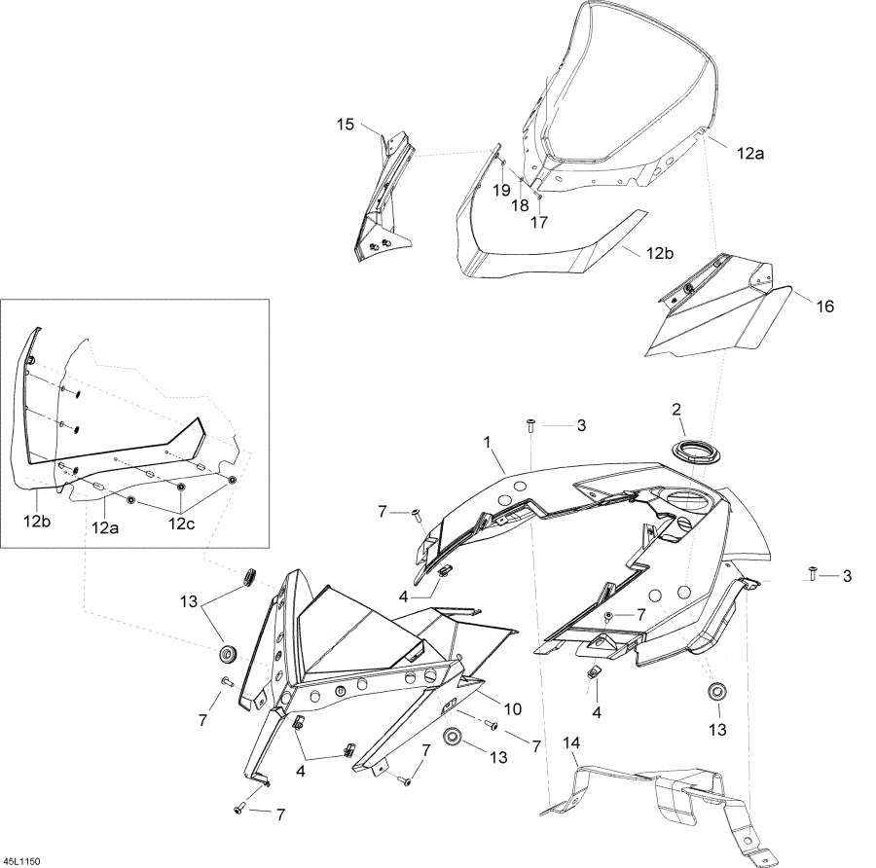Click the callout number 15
[x=346, y=124]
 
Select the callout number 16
[x=825, y=307]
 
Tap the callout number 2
[x=676, y=410]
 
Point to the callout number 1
[x=487, y=443]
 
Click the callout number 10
[x=512, y=708]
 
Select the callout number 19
[x=501, y=191]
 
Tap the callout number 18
[x=520, y=205]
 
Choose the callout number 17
[x=539, y=222]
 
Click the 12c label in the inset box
[x=182, y=524]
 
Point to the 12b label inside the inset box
[x=36, y=522]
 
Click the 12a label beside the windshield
[x=749, y=153]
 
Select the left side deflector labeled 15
[x=383, y=197]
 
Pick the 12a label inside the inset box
[x=105, y=526]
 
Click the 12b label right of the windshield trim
[x=660, y=253]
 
